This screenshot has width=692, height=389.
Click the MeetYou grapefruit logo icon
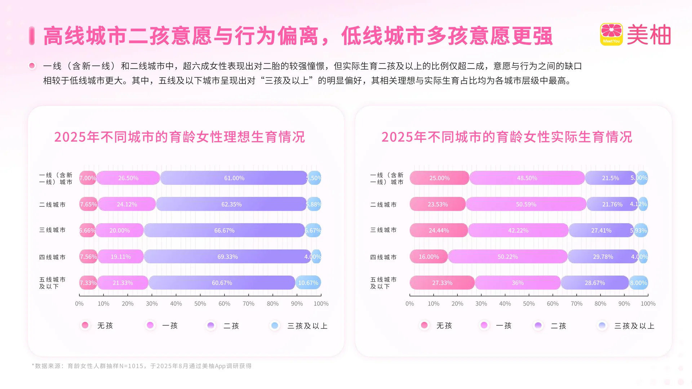point(611,34)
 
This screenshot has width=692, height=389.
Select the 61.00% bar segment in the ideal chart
point(234,178)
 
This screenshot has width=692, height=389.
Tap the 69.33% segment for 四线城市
point(227,257)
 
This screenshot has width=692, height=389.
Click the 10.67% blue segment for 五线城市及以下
point(308,283)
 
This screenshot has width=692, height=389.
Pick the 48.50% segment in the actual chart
point(527,178)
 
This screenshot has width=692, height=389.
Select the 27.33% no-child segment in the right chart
point(442,283)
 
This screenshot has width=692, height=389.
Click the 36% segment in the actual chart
point(518,283)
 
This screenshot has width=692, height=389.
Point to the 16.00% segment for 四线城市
point(429,257)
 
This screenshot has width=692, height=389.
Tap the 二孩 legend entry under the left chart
point(223,326)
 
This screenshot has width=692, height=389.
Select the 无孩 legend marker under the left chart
point(85,325)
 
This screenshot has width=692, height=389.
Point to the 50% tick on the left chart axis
point(200,304)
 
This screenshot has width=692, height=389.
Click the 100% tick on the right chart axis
point(648,304)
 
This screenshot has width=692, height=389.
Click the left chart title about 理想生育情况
point(179,137)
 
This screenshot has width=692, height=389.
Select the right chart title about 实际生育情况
point(507,137)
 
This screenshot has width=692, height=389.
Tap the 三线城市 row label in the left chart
point(52,230)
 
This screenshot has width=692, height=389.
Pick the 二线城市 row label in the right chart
point(383,205)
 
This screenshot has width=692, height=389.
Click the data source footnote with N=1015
point(142,366)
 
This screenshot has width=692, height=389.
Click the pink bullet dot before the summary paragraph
point(32,66)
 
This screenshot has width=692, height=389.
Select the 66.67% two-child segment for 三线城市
point(224,231)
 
